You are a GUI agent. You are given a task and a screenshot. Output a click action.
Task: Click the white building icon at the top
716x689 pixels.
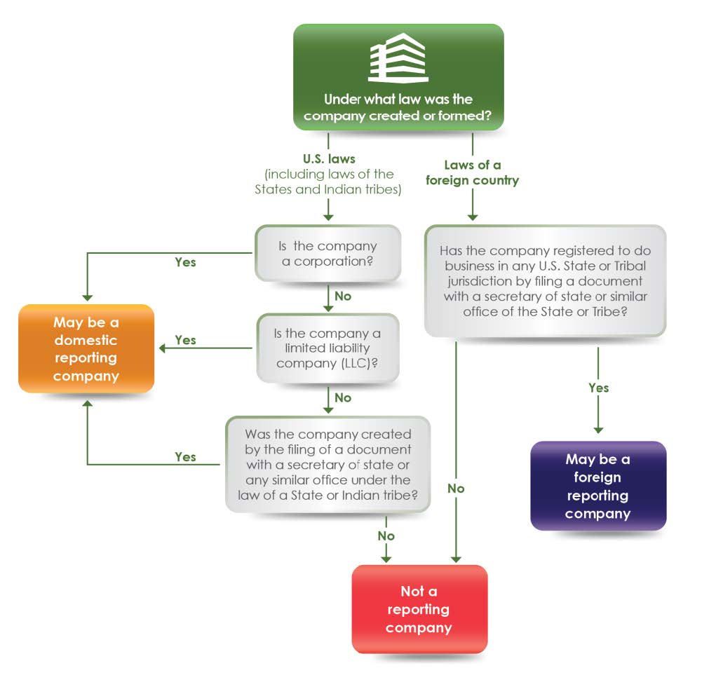click(x=398, y=58)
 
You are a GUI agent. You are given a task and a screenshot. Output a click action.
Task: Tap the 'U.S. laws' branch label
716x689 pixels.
click(x=327, y=159)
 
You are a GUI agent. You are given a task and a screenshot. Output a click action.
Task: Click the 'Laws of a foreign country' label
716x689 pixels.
click(x=472, y=172)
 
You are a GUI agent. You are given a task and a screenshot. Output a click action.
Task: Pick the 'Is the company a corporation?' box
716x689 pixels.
click(x=327, y=253)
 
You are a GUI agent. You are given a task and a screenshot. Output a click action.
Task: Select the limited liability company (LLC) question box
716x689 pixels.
click(x=327, y=348)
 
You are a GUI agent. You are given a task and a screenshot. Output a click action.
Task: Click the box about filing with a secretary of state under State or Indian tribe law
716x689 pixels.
click(x=327, y=464)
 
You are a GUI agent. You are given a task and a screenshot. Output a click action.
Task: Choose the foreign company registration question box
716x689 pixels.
click(x=544, y=280)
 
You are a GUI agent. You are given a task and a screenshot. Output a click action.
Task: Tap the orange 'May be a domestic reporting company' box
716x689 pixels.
click(x=86, y=348)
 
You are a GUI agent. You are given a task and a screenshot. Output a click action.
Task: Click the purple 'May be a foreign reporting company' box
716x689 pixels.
click(x=597, y=486)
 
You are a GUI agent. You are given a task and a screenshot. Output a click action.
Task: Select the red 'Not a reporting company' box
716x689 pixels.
click(x=419, y=609)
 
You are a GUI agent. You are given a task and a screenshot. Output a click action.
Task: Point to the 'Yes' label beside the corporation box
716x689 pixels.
click(x=185, y=262)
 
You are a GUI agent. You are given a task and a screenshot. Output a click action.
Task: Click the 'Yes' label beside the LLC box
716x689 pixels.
click(x=185, y=340)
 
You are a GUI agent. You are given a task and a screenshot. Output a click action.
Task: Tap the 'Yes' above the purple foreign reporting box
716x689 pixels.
click(x=598, y=388)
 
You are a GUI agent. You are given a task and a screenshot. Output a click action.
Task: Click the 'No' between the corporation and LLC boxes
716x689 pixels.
click(x=343, y=296)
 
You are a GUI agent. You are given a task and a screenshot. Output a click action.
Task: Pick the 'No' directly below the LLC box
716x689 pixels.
click(x=343, y=397)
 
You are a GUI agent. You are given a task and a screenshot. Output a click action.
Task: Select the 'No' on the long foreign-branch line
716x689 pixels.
click(x=456, y=489)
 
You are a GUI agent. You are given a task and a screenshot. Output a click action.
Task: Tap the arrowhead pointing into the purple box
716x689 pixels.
click(x=598, y=430)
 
